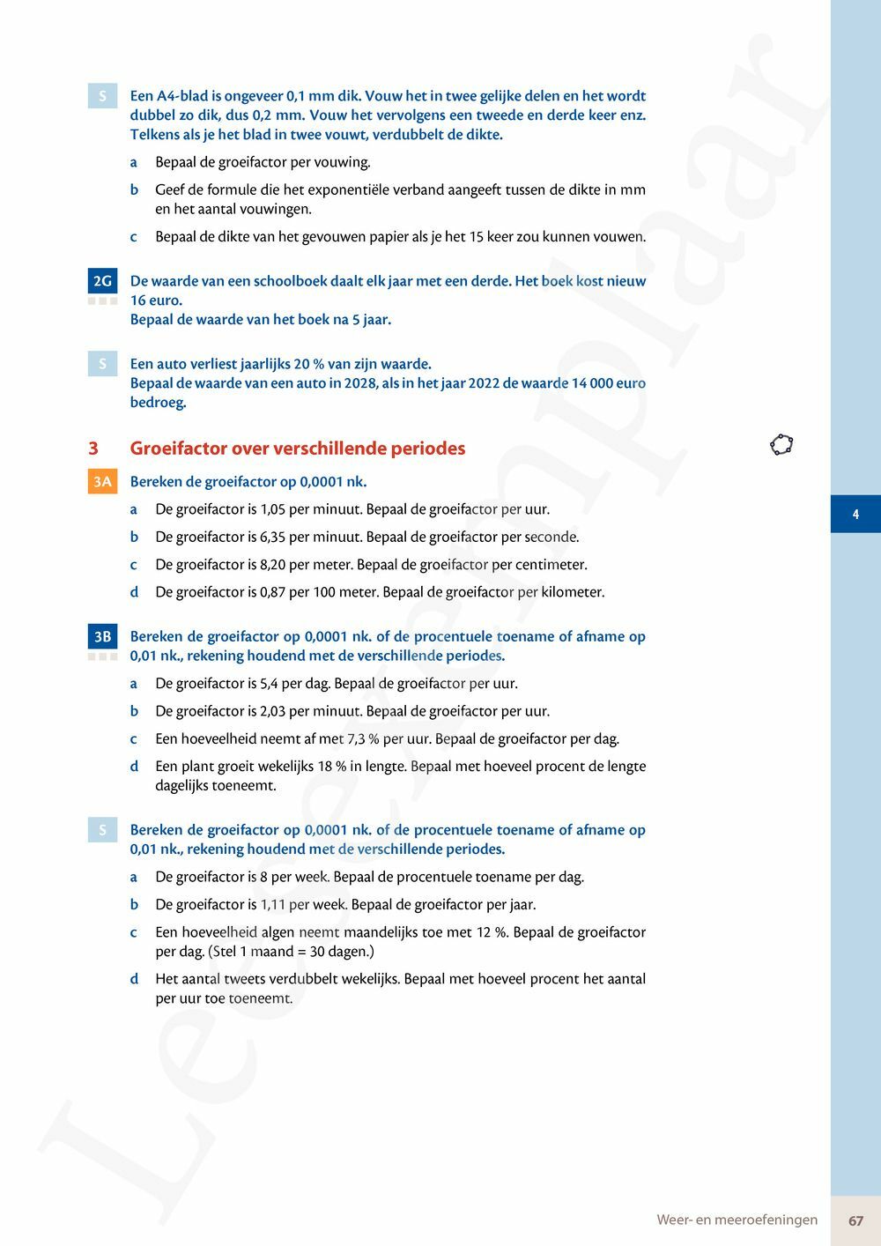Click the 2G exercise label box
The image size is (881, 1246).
point(102,281)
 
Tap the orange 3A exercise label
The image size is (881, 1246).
point(102,481)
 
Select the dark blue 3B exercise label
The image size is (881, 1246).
point(102,636)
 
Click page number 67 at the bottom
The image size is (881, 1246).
point(855,1220)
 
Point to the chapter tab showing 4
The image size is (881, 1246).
point(855,514)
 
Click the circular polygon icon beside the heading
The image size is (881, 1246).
point(781,445)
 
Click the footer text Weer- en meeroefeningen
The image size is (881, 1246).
point(737,1220)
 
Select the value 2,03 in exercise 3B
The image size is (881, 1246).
point(273,711)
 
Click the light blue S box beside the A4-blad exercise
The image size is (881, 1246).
point(102,96)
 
